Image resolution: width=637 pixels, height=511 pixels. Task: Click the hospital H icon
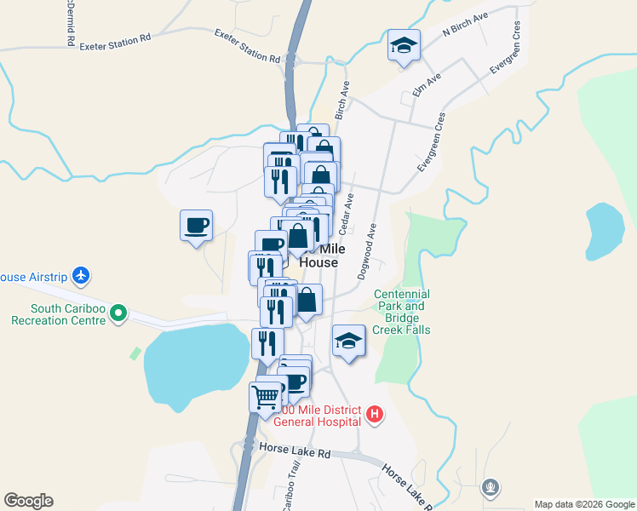click(374, 416)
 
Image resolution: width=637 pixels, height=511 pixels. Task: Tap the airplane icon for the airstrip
click(81, 276)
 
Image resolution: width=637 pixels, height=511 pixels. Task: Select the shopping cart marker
click(266, 396)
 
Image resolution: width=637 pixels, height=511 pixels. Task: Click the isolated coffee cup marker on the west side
click(196, 226)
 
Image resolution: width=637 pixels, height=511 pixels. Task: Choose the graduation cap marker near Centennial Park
click(347, 342)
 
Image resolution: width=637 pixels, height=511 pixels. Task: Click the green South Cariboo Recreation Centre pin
click(118, 315)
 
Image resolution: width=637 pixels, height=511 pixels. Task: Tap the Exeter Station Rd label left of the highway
click(115, 43)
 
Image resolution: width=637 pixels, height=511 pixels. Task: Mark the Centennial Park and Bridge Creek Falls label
click(402, 312)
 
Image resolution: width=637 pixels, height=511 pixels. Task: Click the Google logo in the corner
click(28, 501)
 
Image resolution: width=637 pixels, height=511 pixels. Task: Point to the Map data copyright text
click(584, 504)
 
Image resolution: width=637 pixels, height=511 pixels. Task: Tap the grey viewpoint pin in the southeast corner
click(490, 488)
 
